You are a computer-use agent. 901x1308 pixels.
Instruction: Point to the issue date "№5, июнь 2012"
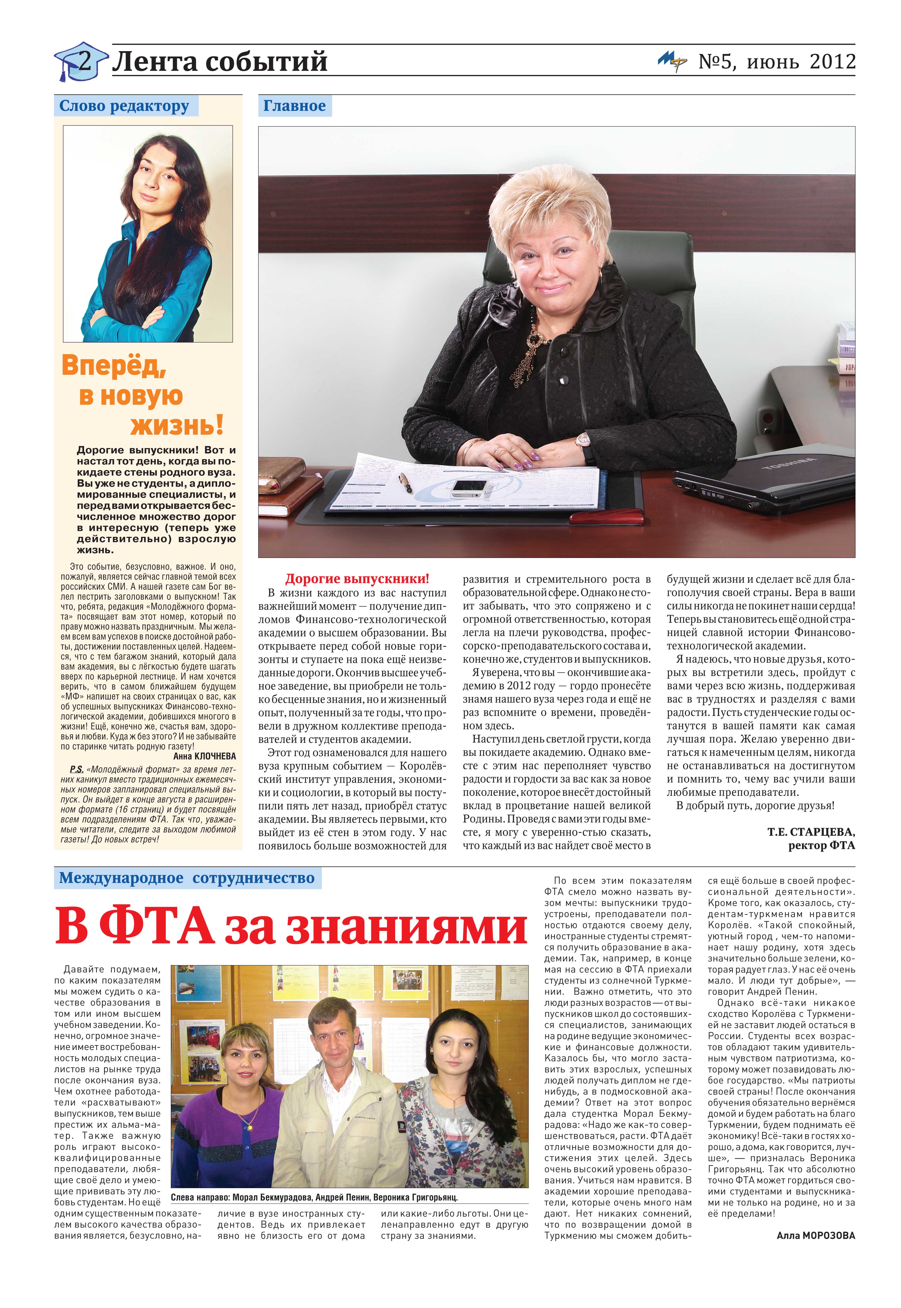click(x=777, y=61)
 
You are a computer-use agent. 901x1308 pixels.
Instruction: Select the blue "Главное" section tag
click(x=294, y=106)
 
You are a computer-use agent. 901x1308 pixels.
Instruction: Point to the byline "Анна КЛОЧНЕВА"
click(x=204, y=756)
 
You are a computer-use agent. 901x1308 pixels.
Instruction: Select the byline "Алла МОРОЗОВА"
click(x=815, y=1236)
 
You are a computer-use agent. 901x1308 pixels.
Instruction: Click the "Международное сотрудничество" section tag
click(x=187, y=878)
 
